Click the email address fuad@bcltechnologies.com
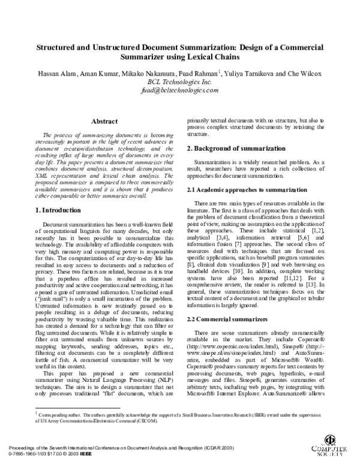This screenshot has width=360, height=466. point(179,89)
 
